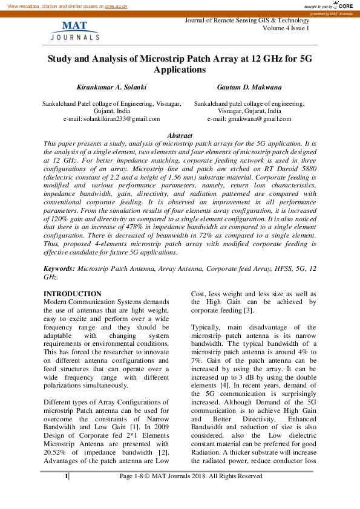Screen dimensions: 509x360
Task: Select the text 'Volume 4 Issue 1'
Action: click(x=286, y=28)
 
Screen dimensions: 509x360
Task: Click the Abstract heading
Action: click(x=180, y=136)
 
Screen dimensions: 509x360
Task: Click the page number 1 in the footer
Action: click(x=66, y=476)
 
